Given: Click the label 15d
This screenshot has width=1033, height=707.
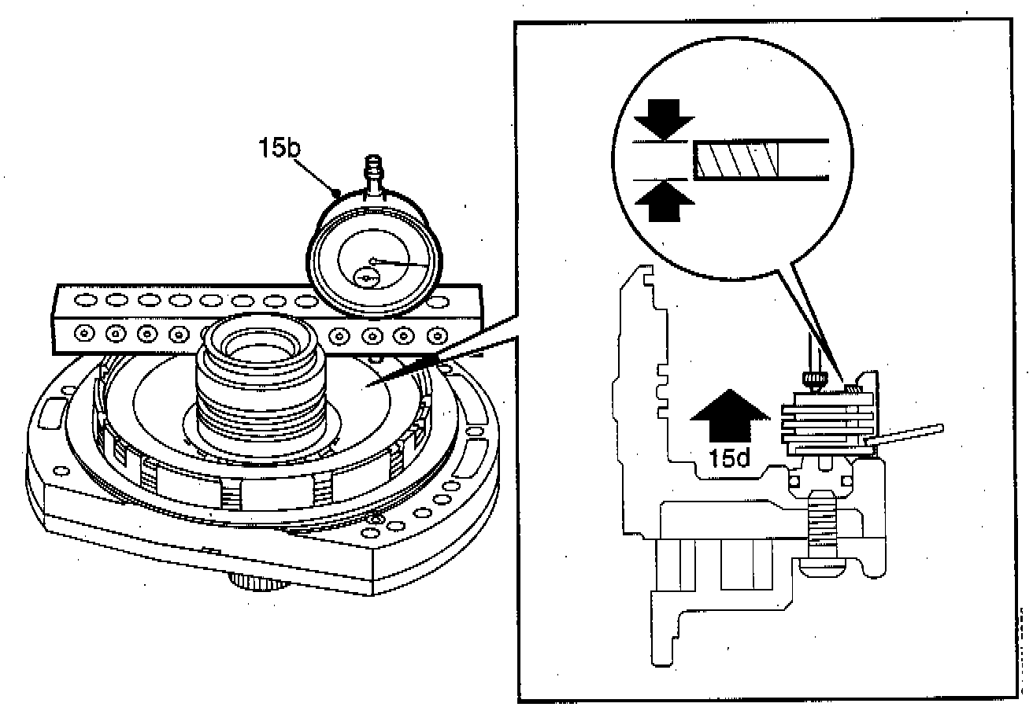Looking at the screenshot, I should click(x=728, y=458).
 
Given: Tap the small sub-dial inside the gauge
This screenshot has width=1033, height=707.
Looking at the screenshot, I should click(x=365, y=277).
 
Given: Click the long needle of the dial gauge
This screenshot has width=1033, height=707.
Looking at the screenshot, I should click(x=402, y=264).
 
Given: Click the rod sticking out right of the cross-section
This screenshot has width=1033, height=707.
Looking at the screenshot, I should click(x=909, y=436).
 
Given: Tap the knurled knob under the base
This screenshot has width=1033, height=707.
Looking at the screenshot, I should click(x=259, y=582).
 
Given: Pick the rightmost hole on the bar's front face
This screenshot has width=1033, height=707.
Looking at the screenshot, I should click(x=432, y=336).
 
